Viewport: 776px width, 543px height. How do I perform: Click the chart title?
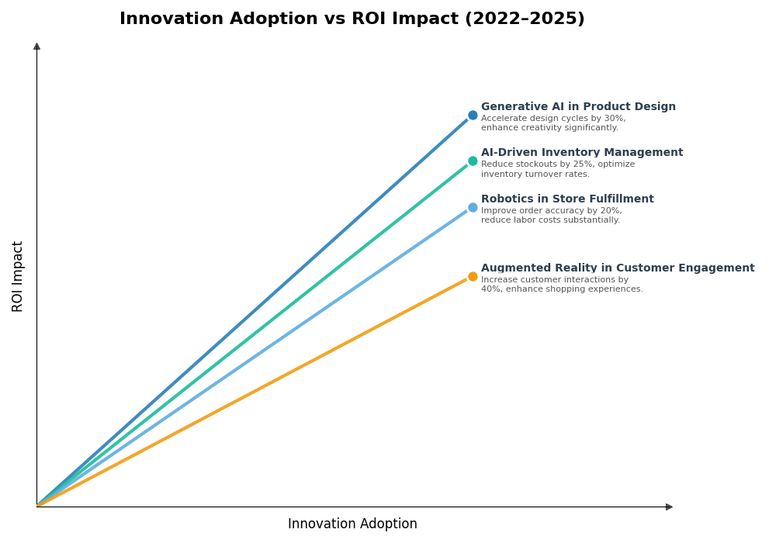[x=352, y=19]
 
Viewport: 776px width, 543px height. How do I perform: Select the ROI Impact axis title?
[x=18, y=276]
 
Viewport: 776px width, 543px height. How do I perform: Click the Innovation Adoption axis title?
[x=352, y=524]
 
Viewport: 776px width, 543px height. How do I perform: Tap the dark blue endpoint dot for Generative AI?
[x=473, y=116]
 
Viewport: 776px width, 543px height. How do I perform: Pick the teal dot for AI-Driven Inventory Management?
[x=473, y=161]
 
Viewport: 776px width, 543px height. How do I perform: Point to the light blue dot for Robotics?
[x=473, y=208]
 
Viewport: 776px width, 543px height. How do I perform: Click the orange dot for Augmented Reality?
[x=473, y=277]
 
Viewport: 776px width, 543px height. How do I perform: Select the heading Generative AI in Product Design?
[x=578, y=107]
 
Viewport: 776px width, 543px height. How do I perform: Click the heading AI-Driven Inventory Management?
[x=582, y=153]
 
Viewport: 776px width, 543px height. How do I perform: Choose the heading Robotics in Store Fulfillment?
[x=567, y=199]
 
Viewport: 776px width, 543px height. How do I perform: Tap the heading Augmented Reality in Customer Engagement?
[x=618, y=268]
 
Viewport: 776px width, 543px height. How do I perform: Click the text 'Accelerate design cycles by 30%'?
[x=553, y=119]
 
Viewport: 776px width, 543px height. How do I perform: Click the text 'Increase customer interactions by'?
[x=554, y=280]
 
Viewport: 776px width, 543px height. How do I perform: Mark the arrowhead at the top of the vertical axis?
[x=36, y=47]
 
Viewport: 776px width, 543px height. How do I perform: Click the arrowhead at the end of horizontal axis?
[x=669, y=507]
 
